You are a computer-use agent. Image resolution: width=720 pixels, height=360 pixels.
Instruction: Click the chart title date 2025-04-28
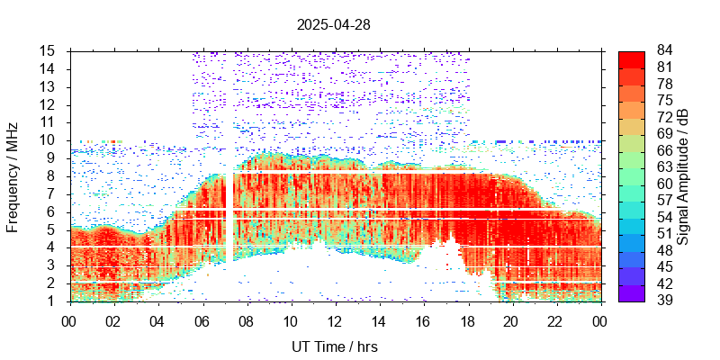[x=333, y=25]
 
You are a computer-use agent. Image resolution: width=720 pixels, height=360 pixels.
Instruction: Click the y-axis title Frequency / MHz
[x=13, y=175]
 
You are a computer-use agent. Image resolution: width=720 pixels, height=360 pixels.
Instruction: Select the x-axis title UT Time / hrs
[x=335, y=346]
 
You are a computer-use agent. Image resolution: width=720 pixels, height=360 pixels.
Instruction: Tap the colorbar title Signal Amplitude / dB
[x=683, y=175]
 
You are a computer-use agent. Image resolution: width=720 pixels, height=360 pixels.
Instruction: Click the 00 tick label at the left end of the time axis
[x=69, y=320]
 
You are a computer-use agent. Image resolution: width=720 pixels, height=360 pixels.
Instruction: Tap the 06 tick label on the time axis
[x=202, y=320]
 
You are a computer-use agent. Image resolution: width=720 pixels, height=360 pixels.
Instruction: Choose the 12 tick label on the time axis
[x=335, y=320]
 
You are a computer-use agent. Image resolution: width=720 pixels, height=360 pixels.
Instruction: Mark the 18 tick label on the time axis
[x=467, y=320]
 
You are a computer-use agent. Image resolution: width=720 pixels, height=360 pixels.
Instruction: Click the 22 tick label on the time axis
[x=555, y=320]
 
